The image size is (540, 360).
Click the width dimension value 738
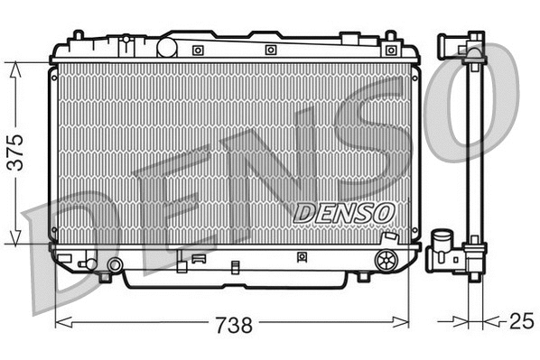232,324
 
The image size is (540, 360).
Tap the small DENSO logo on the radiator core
344,210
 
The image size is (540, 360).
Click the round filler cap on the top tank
169,45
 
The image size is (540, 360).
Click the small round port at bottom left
114,264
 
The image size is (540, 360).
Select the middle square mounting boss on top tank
270,50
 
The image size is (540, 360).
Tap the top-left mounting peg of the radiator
79,37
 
